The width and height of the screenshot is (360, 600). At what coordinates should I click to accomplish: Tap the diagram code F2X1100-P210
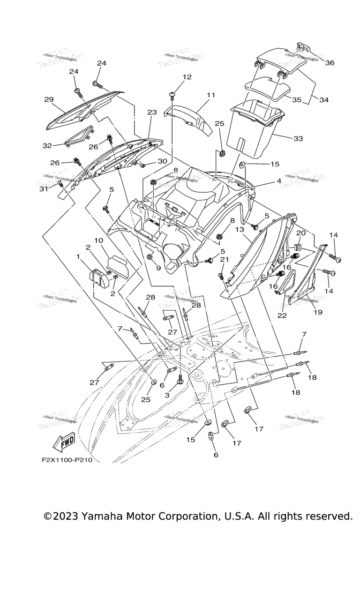tap(66, 460)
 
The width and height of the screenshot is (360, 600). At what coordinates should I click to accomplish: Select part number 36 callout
tap(330, 63)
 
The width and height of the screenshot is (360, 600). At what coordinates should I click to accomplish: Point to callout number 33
tap(298, 138)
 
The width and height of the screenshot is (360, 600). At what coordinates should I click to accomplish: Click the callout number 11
tap(210, 95)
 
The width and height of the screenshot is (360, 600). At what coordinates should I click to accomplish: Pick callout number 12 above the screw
tap(187, 77)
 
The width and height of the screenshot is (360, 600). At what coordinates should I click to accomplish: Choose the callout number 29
tap(49, 99)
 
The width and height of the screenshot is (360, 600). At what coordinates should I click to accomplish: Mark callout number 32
tap(47, 146)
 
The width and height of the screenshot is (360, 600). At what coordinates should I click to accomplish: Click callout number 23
tap(151, 112)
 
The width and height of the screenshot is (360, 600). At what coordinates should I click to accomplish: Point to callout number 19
tap(318, 312)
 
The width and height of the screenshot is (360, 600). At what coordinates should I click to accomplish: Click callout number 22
tap(282, 315)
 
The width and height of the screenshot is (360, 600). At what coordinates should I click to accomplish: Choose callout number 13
tap(240, 230)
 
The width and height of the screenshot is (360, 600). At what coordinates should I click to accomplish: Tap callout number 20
tap(300, 233)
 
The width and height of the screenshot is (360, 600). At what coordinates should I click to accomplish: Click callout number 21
tap(224, 260)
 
